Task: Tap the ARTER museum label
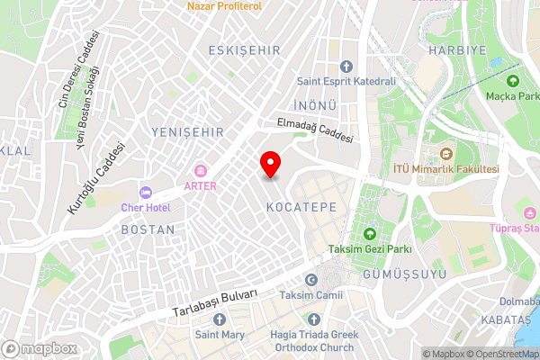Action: click(200, 186)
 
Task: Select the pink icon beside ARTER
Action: click(200, 171)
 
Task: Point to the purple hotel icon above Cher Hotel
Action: click(144, 191)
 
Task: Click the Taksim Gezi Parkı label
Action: click(370, 248)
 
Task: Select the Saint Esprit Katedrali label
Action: click(347, 81)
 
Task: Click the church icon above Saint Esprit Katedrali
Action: click(347, 66)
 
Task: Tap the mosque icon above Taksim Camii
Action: click(311, 279)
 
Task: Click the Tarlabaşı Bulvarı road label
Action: click(216, 304)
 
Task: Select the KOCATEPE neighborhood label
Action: click(301, 206)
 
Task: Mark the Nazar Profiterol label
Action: click(223, 6)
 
